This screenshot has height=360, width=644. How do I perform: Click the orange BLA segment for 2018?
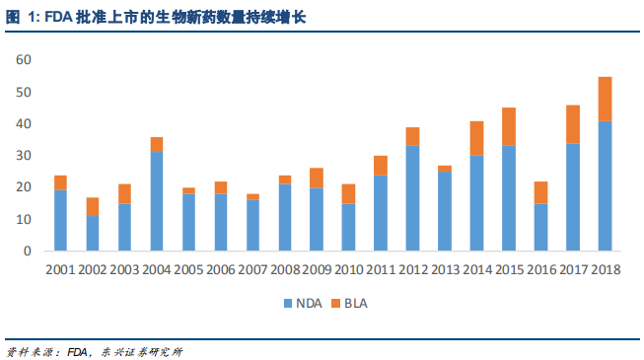[x=606, y=99]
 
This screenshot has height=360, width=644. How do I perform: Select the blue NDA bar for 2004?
[x=156, y=201]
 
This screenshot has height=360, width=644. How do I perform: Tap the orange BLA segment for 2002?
[x=92, y=206]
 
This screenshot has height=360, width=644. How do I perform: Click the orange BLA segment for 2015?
[x=509, y=126]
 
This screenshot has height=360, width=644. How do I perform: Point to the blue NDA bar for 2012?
[x=413, y=197]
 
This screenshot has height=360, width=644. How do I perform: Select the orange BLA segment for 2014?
[x=477, y=138]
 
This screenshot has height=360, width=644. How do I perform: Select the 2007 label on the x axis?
[x=252, y=268]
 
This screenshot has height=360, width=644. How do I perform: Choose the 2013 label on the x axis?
[x=445, y=268]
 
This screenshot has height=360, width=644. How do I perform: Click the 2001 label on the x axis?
[x=60, y=268]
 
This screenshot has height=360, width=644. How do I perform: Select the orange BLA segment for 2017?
[x=573, y=124]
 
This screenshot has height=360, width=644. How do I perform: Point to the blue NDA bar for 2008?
[x=284, y=217]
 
